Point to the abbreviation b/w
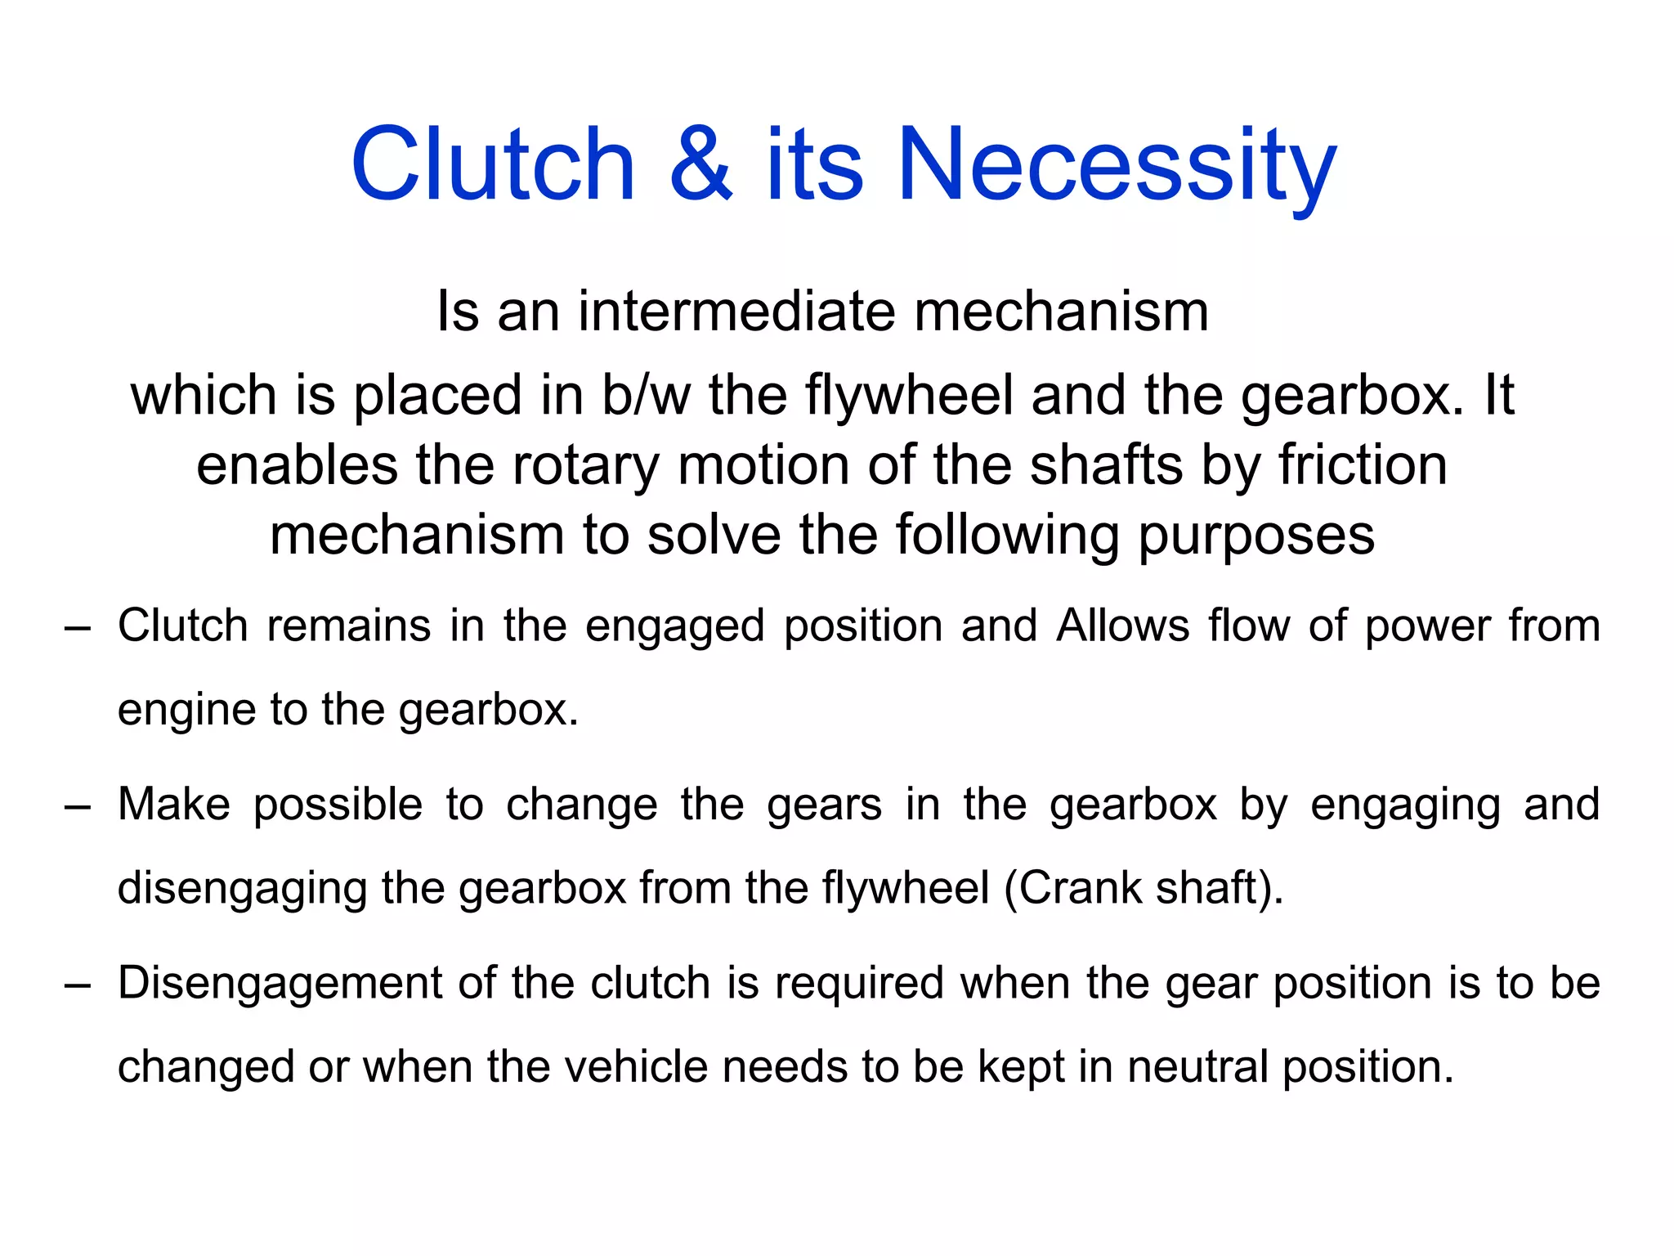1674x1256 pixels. (647, 395)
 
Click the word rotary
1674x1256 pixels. (585, 465)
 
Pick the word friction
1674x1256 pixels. (1363, 465)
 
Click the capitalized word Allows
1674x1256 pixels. (1123, 626)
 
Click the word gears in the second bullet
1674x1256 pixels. (825, 805)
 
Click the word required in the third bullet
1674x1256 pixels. (860, 984)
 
